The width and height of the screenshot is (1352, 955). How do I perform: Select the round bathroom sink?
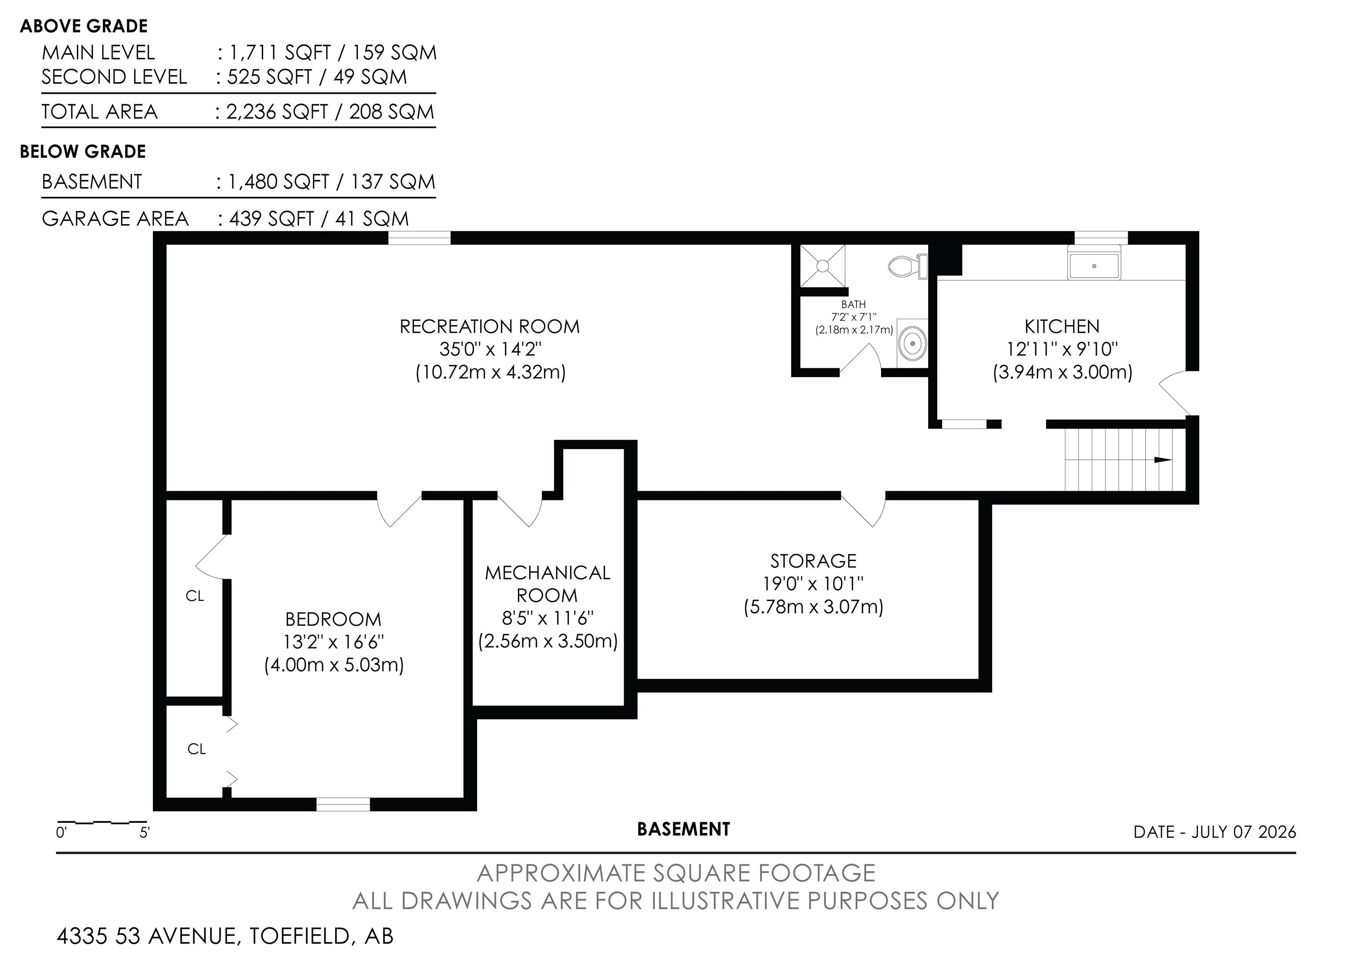[x=912, y=343]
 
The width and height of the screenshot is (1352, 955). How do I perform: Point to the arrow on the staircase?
[x=1163, y=460]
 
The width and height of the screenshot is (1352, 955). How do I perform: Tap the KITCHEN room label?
[x=1062, y=327]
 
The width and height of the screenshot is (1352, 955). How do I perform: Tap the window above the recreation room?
[x=419, y=238]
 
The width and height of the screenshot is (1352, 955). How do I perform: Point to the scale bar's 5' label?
[x=144, y=833]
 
